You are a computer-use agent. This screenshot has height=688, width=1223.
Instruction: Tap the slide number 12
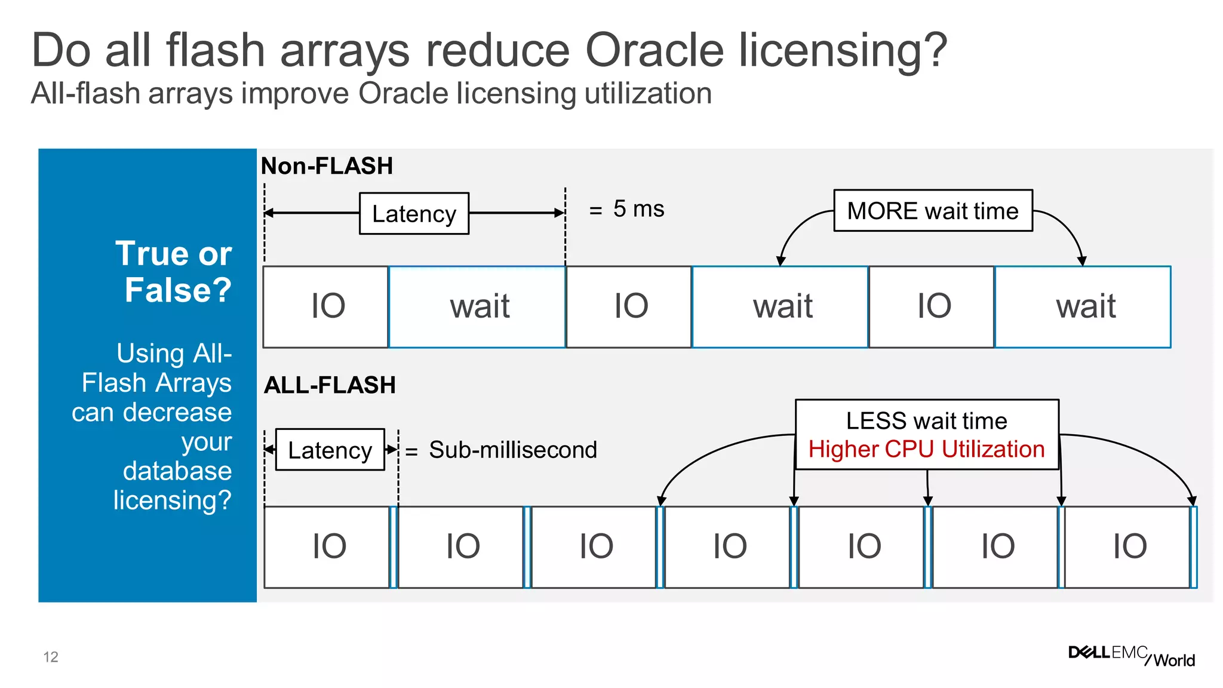click(51, 657)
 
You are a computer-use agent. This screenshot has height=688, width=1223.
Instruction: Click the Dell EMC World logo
click(1131, 656)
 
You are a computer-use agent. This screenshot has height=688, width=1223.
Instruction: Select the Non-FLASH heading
click(327, 166)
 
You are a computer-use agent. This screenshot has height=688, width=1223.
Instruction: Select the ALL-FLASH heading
click(330, 385)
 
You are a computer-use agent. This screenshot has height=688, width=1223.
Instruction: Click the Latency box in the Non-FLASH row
click(414, 213)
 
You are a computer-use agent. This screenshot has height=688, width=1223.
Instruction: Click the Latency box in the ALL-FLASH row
click(330, 450)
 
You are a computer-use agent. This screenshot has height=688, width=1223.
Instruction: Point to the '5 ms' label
click(638, 209)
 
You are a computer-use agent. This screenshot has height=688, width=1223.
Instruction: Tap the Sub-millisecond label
click(513, 450)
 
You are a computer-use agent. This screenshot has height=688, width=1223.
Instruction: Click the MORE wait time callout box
click(933, 211)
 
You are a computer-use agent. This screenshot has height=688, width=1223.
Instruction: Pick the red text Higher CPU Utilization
click(926, 449)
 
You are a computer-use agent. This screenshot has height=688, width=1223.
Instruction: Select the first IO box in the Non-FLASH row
click(326, 307)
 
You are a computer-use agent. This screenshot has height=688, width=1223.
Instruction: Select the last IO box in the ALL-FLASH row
click(1128, 547)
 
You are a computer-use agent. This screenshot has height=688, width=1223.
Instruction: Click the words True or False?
click(173, 272)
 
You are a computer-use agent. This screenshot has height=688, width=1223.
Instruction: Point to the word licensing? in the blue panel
click(172, 500)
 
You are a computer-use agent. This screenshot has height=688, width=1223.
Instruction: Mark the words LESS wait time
click(926, 421)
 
